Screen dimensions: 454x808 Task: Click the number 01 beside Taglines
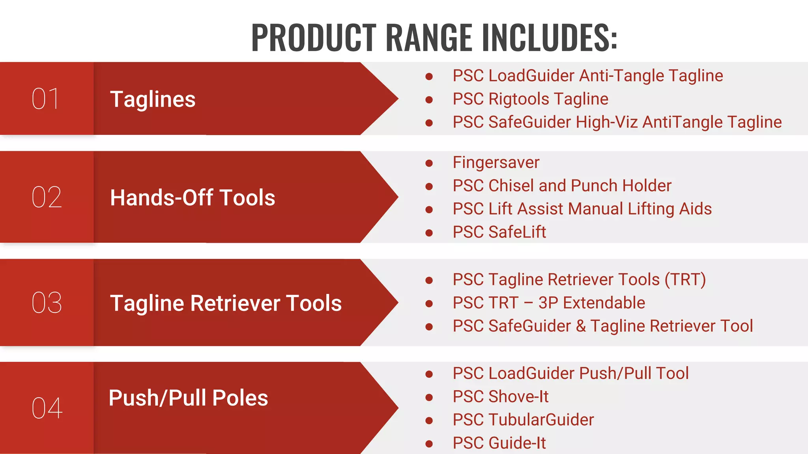46,99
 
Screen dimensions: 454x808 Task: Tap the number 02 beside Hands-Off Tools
47,197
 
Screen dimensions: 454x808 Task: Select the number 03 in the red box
47,303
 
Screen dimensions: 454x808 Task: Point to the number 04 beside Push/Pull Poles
47,408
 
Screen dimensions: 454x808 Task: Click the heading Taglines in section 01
153,99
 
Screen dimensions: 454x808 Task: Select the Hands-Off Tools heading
193,197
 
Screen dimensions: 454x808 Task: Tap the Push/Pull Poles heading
188,398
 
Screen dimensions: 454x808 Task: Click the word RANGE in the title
429,37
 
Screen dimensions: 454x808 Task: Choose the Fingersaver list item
496,162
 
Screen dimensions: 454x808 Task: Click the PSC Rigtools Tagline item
530,99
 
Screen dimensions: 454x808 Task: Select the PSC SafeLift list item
499,232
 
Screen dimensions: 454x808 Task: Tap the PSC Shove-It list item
500,396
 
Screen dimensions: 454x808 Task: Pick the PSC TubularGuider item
523,420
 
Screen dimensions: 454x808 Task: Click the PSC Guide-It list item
499,443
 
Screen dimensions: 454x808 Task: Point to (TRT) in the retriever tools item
685,279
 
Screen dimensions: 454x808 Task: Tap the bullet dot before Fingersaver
429,163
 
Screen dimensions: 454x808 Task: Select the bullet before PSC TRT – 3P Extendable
429,303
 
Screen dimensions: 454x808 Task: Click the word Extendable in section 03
604,303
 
